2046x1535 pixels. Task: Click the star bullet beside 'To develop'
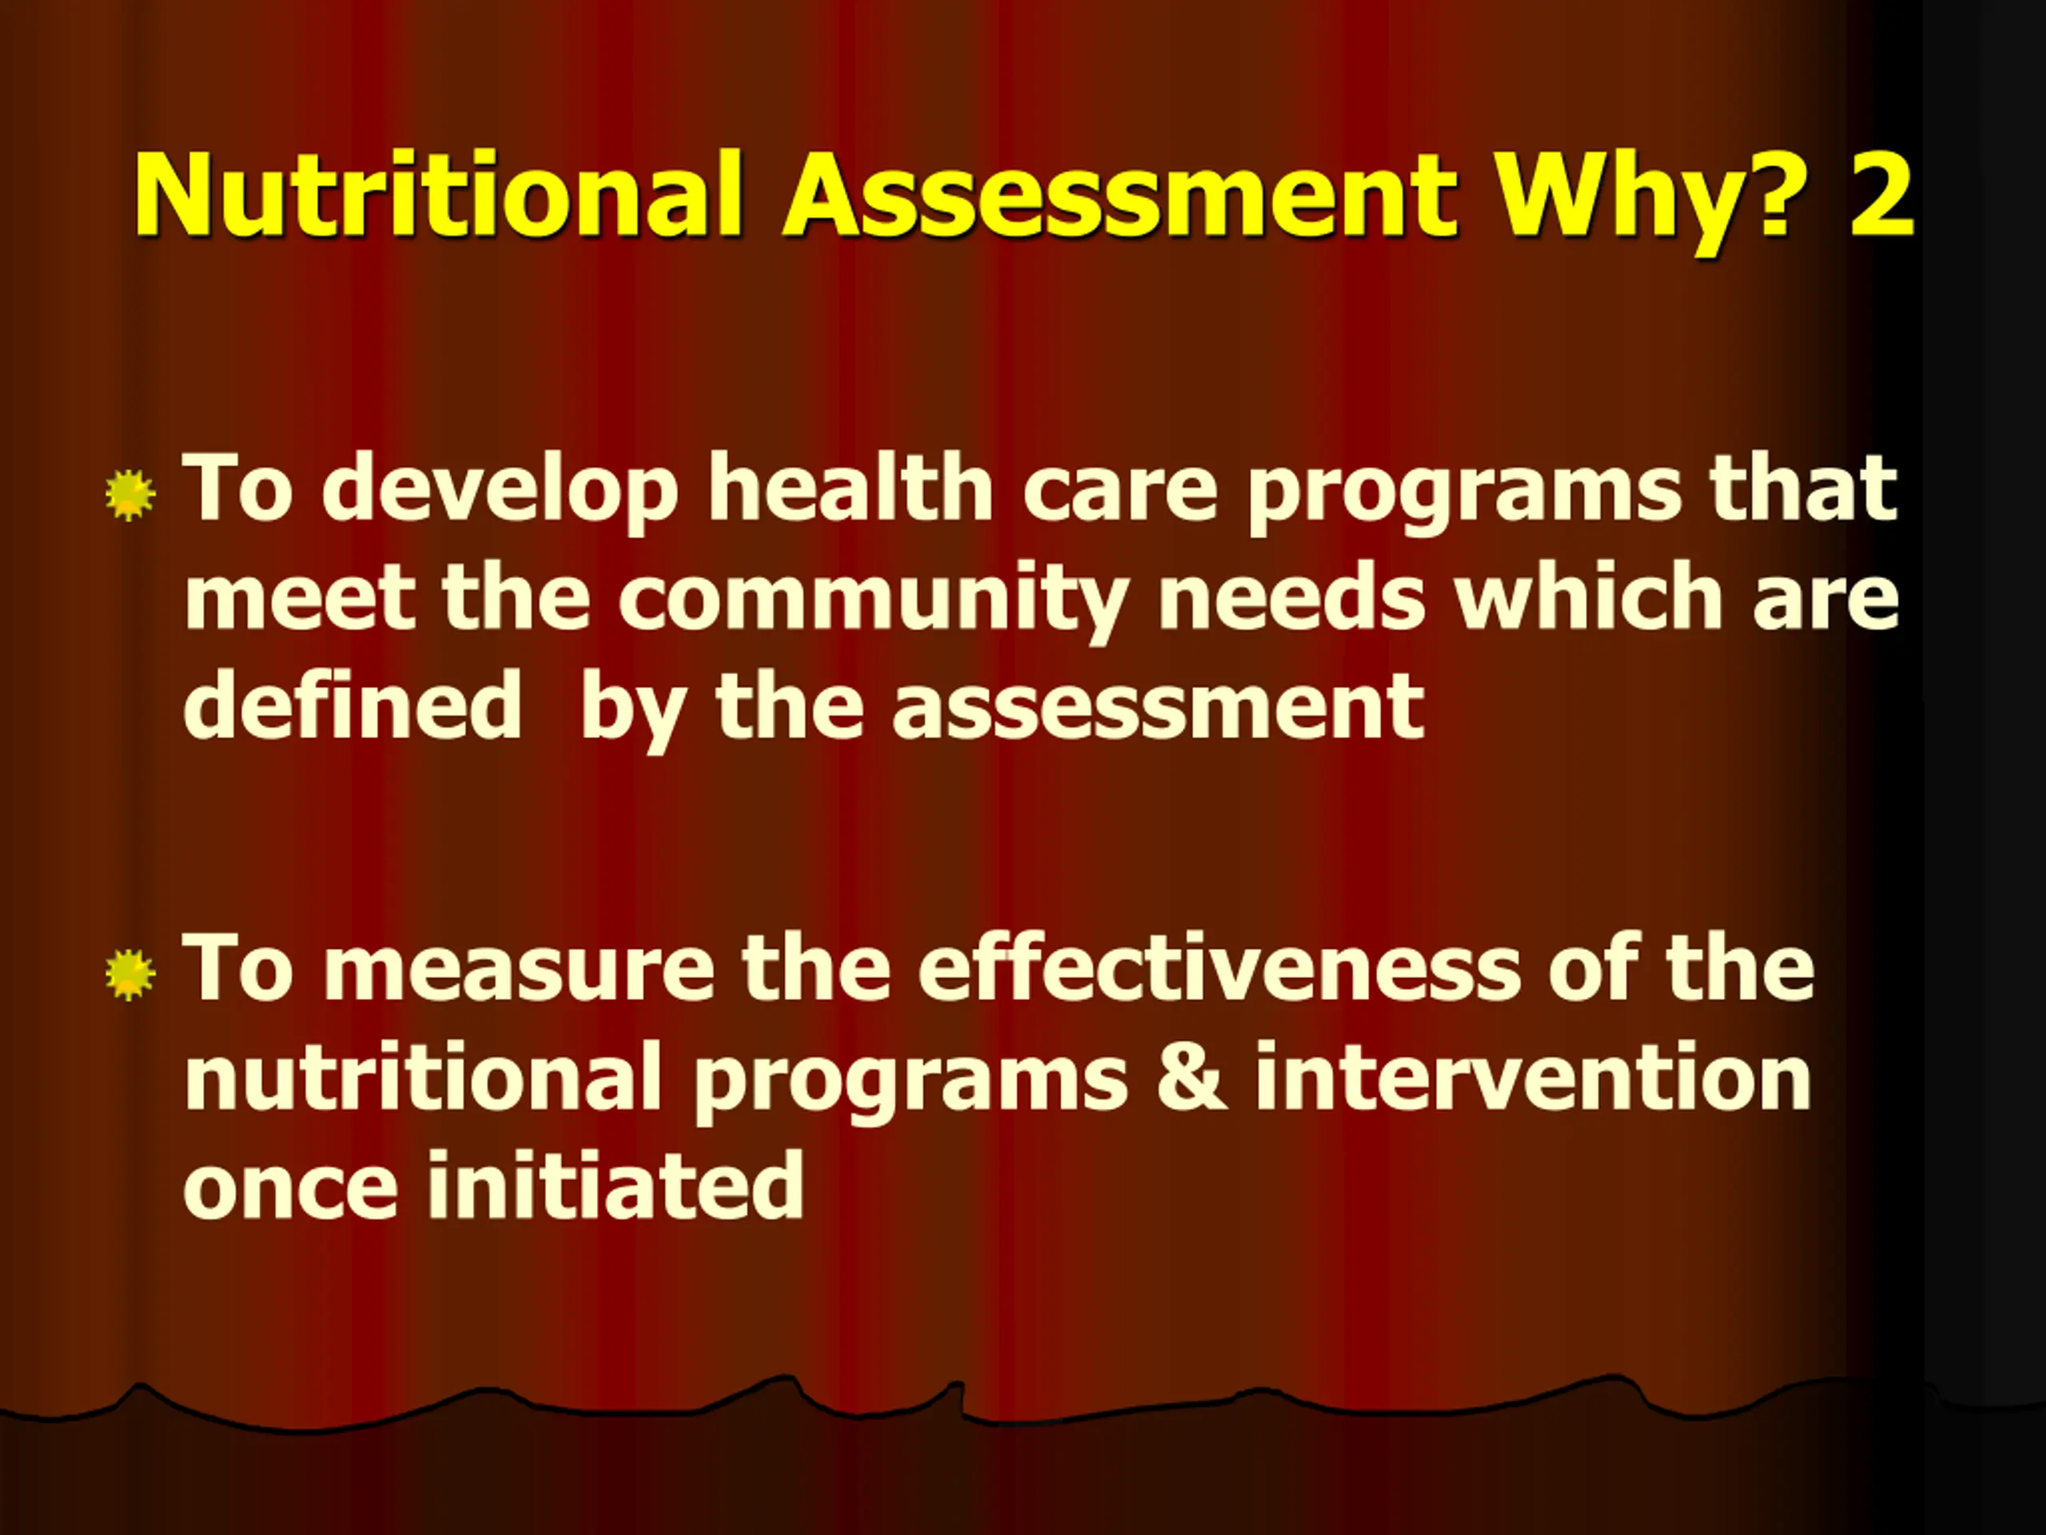pyautogui.click(x=130, y=496)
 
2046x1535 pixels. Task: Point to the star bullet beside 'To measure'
pyautogui.click(x=130, y=975)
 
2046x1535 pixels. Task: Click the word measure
pyautogui.click(x=519, y=971)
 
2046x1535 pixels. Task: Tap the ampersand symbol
pyautogui.click(x=1192, y=1077)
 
